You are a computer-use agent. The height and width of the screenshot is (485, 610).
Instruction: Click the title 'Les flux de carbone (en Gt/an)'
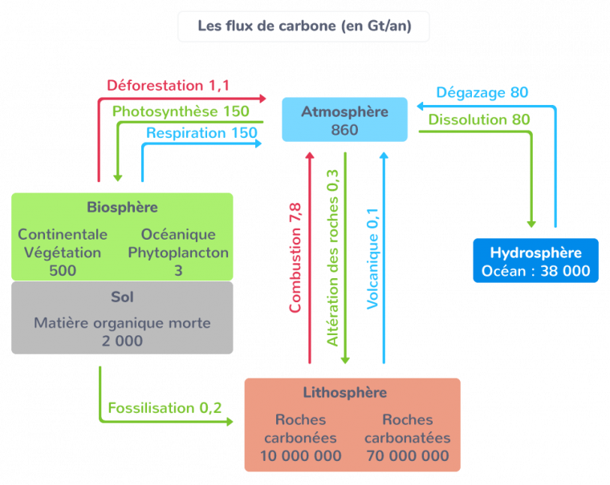pyautogui.click(x=304, y=26)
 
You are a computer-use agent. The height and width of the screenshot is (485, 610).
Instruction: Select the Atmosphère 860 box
pyautogui.click(x=344, y=120)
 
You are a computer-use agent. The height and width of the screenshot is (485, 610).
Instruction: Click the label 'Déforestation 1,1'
pyautogui.click(x=169, y=85)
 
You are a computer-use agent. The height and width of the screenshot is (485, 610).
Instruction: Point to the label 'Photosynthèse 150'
pyautogui.click(x=181, y=111)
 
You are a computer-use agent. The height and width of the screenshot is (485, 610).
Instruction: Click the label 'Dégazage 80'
pyautogui.click(x=482, y=93)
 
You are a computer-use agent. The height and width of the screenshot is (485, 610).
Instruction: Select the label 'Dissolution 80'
pyautogui.click(x=478, y=119)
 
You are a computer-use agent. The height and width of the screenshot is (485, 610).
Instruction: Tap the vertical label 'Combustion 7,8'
pyautogui.click(x=295, y=257)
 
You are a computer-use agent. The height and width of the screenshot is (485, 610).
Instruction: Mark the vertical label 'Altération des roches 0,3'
pyautogui.click(x=333, y=257)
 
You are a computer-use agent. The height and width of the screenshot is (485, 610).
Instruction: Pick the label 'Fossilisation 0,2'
pyautogui.click(x=165, y=408)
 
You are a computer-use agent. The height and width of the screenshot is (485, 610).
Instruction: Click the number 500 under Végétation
pyautogui.click(x=63, y=271)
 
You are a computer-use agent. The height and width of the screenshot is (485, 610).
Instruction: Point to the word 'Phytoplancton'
pyautogui.click(x=178, y=253)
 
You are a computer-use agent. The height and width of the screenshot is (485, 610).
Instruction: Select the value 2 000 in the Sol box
pyautogui.click(x=122, y=341)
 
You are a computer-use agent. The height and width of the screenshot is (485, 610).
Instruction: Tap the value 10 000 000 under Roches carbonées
pyautogui.click(x=300, y=456)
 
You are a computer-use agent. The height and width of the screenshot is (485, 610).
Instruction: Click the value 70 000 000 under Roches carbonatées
pyautogui.click(x=407, y=456)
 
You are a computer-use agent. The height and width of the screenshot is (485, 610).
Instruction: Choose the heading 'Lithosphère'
pyautogui.click(x=345, y=393)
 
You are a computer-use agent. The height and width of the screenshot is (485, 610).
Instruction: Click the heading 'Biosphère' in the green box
pyautogui.click(x=122, y=208)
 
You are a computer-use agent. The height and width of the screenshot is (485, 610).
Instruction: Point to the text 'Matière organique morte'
pyautogui.click(x=122, y=323)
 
